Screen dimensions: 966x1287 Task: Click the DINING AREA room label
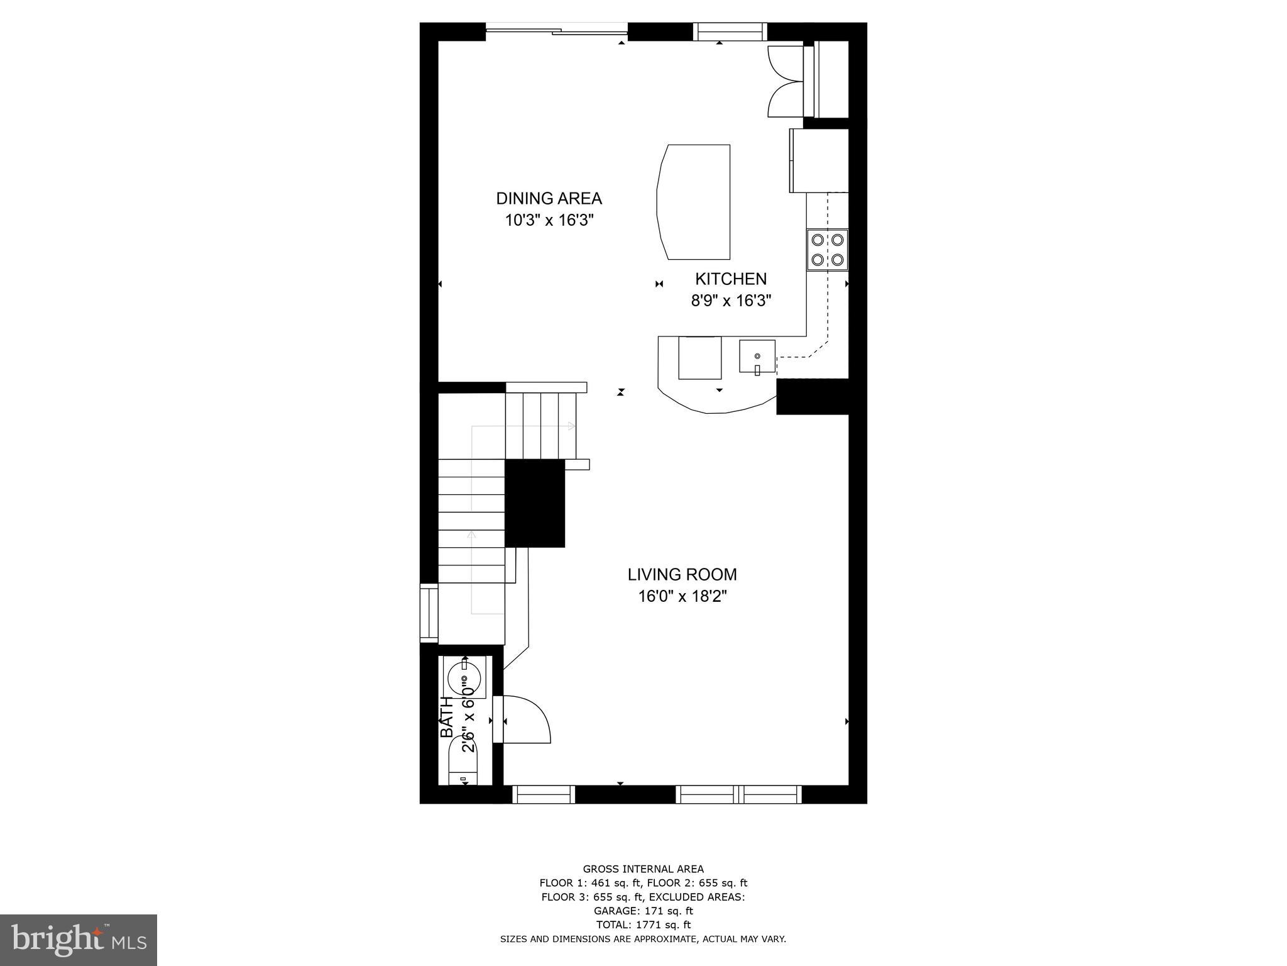(549, 199)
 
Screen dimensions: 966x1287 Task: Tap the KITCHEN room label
(730, 279)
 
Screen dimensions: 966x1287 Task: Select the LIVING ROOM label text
(682, 574)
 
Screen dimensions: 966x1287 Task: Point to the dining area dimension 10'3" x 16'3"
(549, 221)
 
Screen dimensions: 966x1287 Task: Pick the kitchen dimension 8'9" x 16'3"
(731, 301)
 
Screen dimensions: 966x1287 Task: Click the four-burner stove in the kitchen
(827, 250)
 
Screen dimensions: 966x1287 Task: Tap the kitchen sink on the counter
(757, 357)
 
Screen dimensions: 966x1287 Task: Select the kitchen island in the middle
(694, 201)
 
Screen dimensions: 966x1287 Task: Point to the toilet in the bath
(464, 762)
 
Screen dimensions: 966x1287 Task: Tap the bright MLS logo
(79, 940)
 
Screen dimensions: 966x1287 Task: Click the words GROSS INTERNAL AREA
(643, 869)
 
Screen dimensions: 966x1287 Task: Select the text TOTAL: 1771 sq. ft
(643, 924)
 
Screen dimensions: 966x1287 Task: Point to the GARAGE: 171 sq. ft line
(643, 911)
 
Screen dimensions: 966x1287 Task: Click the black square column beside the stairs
(535, 503)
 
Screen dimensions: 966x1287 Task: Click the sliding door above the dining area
(557, 29)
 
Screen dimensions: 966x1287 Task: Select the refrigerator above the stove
(819, 160)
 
